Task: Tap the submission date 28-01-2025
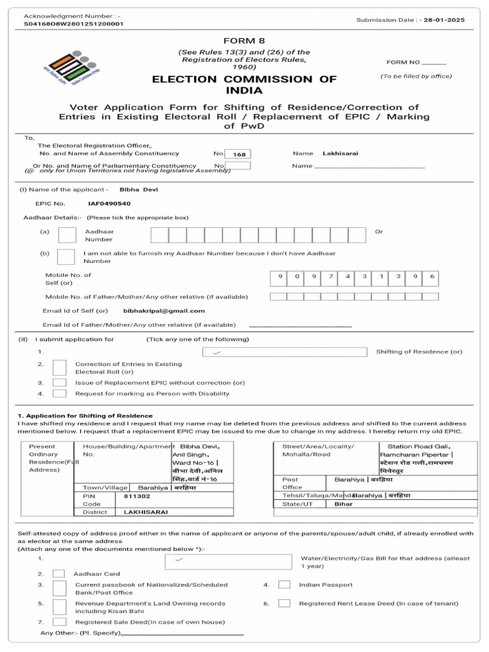pos(446,20)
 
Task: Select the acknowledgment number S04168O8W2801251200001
pos(74,24)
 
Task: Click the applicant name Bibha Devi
pos(139,189)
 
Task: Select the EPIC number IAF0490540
pos(109,204)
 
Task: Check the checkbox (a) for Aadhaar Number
pos(67,235)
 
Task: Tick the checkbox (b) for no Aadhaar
pos(66,257)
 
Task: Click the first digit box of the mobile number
pos(279,276)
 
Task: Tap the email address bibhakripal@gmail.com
pos(164,311)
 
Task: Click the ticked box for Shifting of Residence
pos(284,352)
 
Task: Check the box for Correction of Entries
pos(59,367)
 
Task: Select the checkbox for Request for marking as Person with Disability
pos(59,393)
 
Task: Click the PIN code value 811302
pos(137,496)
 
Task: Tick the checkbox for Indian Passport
pos(285,585)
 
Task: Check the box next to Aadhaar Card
pos(59,574)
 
